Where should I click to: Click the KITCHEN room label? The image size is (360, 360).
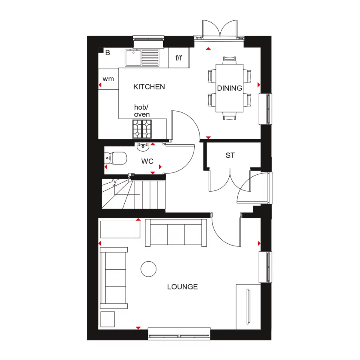click(x=149, y=87)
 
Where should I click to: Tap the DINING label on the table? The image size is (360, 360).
click(x=230, y=88)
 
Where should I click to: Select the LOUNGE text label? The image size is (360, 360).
click(x=182, y=287)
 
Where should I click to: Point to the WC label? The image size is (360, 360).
click(x=147, y=162)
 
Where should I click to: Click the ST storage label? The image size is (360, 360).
click(x=230, y=155)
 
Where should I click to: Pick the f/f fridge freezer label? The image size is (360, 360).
click(x=178, y=58)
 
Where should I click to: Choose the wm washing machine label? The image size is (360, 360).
click(x=108, y=79)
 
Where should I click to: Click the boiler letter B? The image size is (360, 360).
click(x=107, y=52)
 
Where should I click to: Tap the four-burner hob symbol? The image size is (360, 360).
click(x=142, y=128)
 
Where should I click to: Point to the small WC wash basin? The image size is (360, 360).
click(x=143, y=147)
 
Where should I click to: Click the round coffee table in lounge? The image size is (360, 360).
click(x=149, y=269)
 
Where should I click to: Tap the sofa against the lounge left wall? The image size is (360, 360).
click(x=114, y=278)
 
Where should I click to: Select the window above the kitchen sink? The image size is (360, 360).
click(x=148, y=39)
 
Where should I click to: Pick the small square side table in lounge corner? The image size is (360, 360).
click(x=107, y=319)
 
